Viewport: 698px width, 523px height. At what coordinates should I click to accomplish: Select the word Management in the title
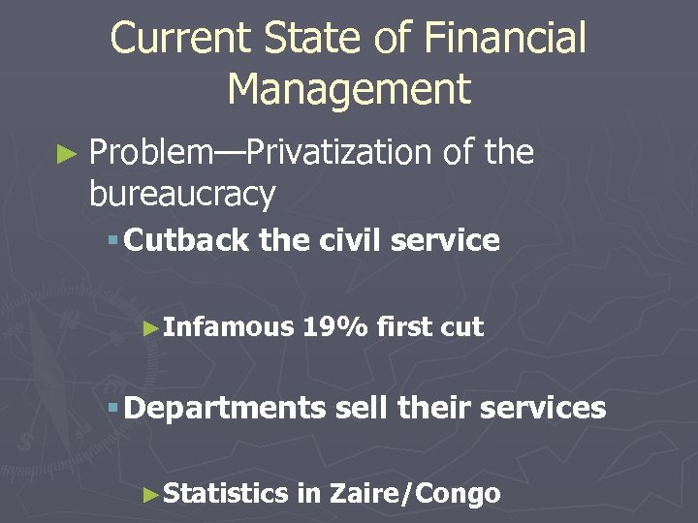[349, 89]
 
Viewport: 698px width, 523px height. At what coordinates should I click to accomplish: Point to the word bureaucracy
[182, 194]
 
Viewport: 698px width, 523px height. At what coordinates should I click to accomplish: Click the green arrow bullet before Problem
[66, 153]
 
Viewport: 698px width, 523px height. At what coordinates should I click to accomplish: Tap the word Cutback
[187, 240]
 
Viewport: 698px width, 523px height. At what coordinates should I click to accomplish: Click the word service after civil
[448, 240]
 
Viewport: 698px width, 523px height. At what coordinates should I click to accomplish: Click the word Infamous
[228, 327]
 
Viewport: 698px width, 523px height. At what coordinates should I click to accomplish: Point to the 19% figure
[335, 327]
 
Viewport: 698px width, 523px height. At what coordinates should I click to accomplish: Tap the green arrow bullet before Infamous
[149, 328]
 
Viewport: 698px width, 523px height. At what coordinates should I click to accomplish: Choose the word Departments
[225, 409]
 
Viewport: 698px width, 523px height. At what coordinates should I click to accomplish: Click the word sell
[363, 408]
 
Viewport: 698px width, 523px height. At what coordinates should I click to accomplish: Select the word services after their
[542, 408]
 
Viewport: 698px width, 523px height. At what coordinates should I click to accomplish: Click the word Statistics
[226, 494]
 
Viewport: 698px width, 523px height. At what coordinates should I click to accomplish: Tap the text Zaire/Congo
[415, 494]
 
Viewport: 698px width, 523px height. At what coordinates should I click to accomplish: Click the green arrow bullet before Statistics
[149, 495]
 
